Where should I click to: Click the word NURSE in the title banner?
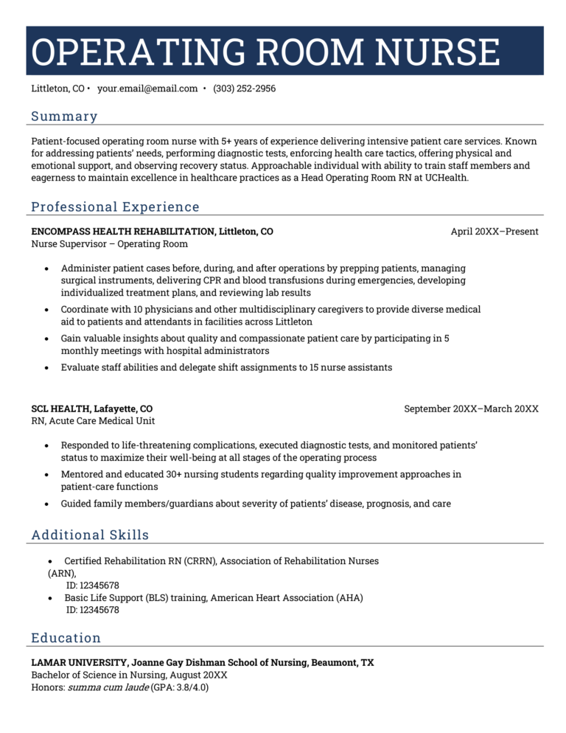point(437,52)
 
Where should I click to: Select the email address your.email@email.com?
point(147,88)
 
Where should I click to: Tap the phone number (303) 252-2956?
point(244,88)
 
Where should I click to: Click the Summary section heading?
point(64,117)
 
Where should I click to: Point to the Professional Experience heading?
point(115,207)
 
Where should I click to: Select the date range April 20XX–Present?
point(495,232)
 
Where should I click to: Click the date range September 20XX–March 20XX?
point(471,409)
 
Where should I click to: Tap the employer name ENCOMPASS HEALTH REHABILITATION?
point(123,232)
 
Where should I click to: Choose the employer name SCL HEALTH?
point(60,409)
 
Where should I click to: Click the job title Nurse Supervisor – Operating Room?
point(109,244)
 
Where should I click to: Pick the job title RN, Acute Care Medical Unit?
point(93,421)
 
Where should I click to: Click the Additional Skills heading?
point(90,535)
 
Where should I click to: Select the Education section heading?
point(66,638)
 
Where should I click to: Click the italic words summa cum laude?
point(108,687)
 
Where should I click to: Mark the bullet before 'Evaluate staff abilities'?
point(48,367)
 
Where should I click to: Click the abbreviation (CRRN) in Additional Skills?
point(200,561)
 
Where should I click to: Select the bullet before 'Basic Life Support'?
point(50,598)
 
